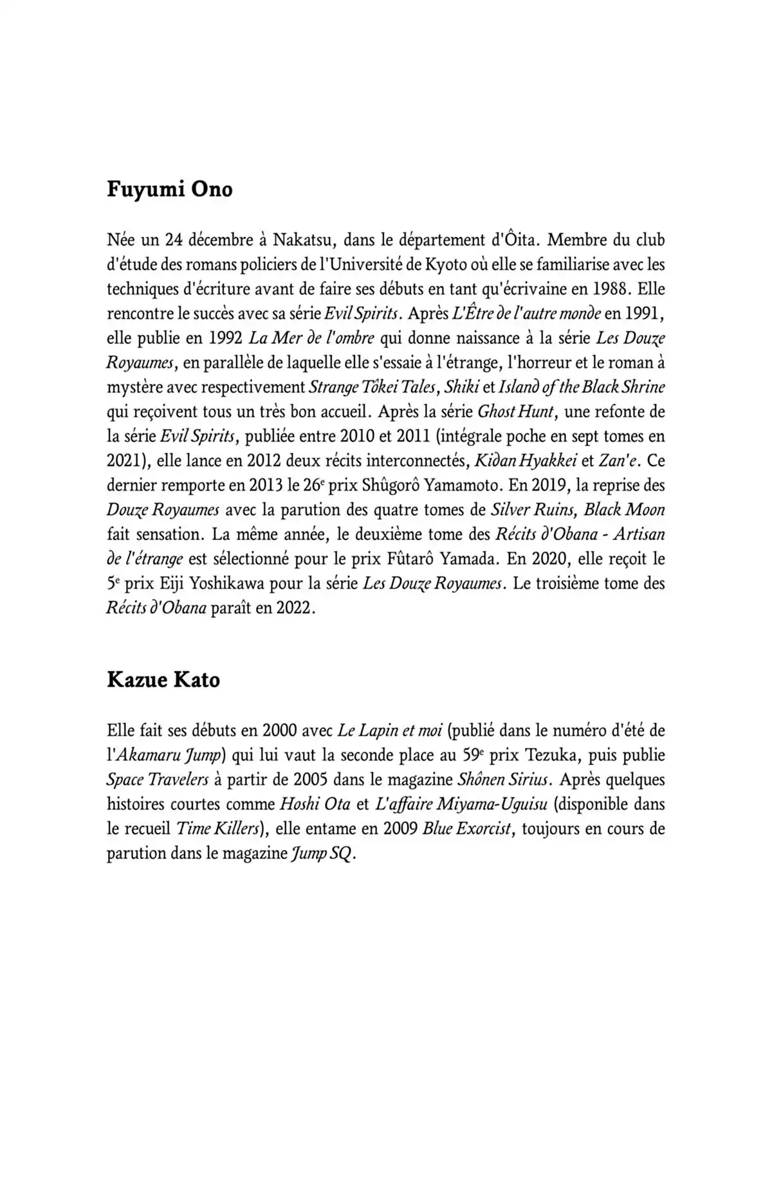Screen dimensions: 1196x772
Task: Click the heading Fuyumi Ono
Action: [169, 190]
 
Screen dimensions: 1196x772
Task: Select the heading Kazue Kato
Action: [163, 680]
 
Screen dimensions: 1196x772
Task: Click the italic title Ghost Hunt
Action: [515, 412]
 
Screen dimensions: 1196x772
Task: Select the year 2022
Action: [294, 608]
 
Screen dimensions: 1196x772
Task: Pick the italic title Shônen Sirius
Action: [503, 780]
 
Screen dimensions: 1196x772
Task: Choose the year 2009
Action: [400, 829]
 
